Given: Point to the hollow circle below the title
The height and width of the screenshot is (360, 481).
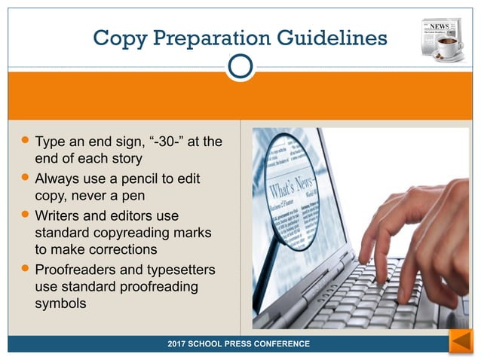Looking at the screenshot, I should point(240,67).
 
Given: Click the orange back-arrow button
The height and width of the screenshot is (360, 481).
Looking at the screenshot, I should point(460,342).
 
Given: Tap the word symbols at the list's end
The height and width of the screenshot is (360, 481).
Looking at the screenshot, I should point(61,304).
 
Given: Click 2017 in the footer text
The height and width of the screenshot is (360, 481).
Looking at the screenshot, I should point(180,343).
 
